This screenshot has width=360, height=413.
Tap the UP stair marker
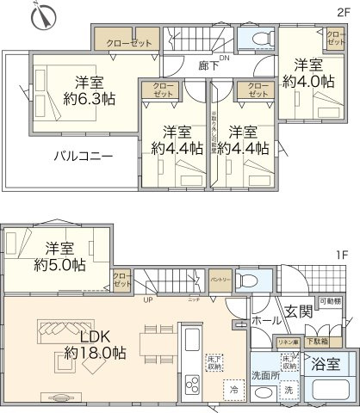tap(150, 299)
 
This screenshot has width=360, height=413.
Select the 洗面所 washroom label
tap(266, 375)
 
